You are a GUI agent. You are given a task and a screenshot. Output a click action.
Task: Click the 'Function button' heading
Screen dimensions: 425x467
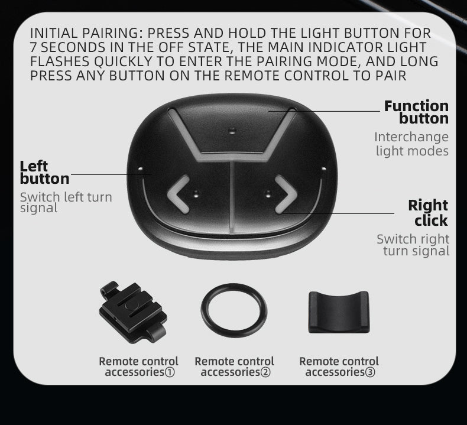click(x=416, y=112)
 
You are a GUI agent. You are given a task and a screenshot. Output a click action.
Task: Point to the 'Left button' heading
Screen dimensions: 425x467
click(x=44, y=172)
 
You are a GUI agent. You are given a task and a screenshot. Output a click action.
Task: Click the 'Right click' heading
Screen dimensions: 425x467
click(x=428, y=213)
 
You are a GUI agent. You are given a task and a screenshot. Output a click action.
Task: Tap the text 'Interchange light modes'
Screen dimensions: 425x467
click(x=411, y=144)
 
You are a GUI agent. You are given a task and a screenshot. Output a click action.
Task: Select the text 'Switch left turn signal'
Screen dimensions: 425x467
click(x=66, y=202)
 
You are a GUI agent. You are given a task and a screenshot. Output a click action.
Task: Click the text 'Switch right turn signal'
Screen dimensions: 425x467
click(x=413, y=245)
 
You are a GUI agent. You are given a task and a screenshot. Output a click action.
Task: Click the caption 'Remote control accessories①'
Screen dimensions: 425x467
click(x=138, y=366)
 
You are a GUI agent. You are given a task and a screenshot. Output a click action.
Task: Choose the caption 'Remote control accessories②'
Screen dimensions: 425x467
click(x=234, y=366)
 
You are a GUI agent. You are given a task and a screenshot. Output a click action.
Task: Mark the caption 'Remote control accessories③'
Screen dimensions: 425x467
click(x=339, y=366)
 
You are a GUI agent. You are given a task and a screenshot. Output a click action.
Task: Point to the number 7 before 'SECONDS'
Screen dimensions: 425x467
click(x=34, y=47)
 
